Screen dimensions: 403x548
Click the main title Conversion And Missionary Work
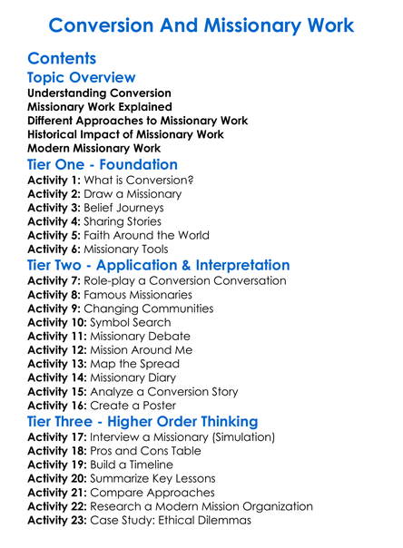(201, 24)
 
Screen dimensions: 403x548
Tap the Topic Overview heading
(82, 78)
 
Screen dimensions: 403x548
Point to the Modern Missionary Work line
(94, 148)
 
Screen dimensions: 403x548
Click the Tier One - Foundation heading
(103, 165)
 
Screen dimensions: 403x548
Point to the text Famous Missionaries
(142, 295)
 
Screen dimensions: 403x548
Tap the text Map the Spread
(134, 364)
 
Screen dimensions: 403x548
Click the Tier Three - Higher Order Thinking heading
(143, 422)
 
